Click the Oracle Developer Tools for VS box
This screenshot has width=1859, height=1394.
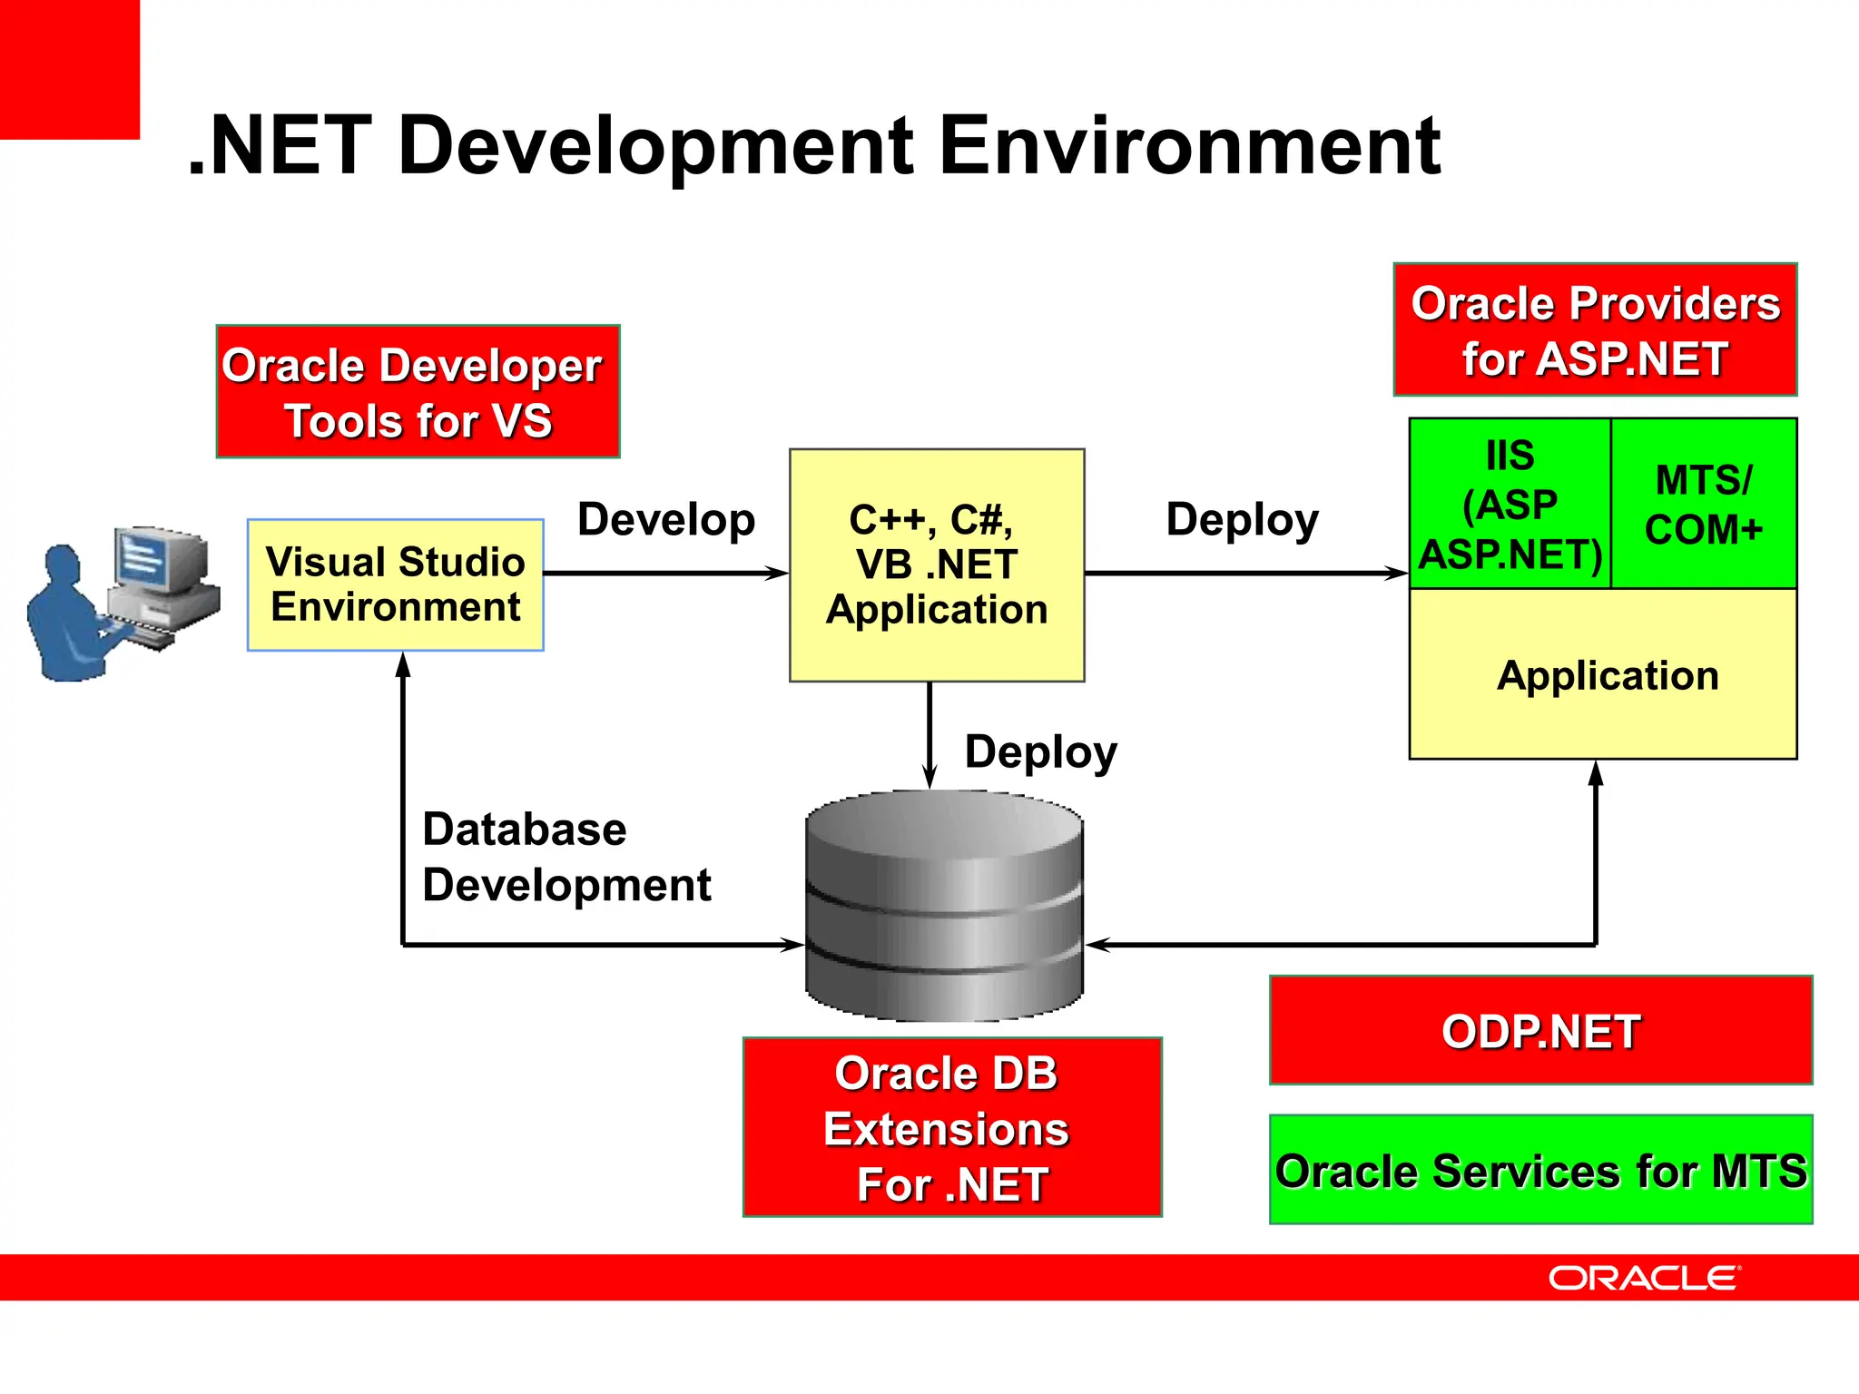[x=418, y=391]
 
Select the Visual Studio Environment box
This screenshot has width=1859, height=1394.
[x=396, y=584]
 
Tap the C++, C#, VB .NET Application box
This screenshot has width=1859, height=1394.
[x=937, y=564]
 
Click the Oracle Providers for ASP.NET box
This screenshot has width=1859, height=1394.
[x=1595, y=329]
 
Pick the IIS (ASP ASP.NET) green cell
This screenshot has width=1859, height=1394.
[x=1510, y=504]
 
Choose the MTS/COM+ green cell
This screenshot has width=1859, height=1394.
[x=1704, y=504]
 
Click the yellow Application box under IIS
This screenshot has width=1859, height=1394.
[x=1603, y=674]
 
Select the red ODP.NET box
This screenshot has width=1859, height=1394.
[x=1540, y=1030]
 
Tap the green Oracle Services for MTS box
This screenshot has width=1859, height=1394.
[x=1540, y=1169]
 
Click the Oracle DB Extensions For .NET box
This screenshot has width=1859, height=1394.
[x=951, y=1127]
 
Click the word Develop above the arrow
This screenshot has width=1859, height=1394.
[x=666, y=520]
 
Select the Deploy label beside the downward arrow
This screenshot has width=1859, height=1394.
[x=1040, y=751]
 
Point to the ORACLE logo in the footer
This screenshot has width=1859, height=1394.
[x=1643, y=1278]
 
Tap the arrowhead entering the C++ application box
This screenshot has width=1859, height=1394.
[x=776, y=573]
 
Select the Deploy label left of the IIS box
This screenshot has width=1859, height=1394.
[x=1242, y=520]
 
